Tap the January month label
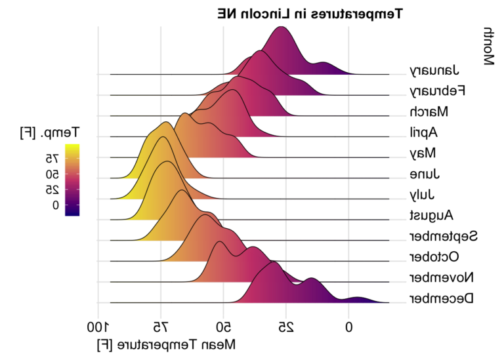[x=434, y=71]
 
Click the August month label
[x=432, y=215]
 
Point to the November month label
[x=442, y=277]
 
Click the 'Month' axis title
[x=489, y=47]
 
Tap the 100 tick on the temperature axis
[x=96, y=327]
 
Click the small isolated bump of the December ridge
[x=359, y=300]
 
